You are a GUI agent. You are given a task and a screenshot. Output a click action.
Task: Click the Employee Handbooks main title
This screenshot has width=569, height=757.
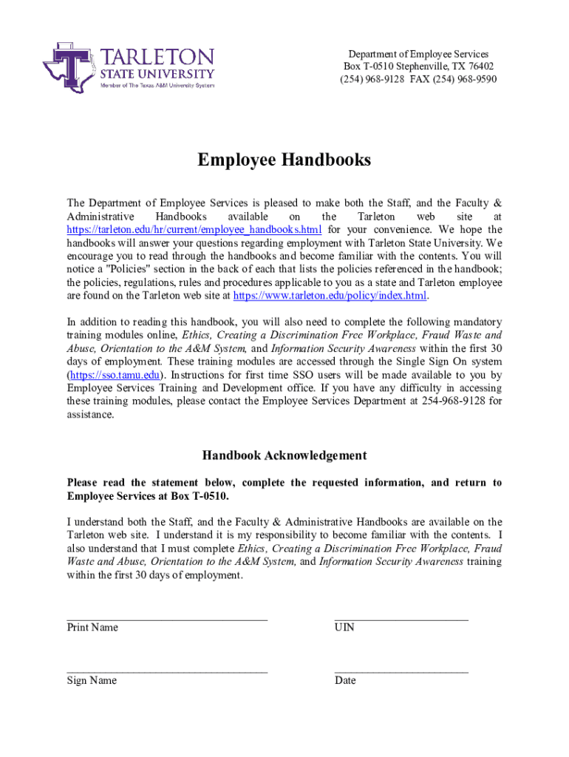284,160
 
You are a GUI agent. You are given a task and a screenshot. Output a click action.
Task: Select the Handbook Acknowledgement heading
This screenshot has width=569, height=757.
284,455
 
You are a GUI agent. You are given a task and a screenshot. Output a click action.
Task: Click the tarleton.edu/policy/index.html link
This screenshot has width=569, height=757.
330,296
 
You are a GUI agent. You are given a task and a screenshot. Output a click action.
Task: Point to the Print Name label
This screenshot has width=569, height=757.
92,628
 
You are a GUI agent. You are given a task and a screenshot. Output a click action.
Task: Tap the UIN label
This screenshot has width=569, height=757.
344,628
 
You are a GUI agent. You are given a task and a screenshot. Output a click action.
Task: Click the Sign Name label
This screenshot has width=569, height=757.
92,681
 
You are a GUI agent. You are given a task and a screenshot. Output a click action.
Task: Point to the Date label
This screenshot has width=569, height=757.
345,681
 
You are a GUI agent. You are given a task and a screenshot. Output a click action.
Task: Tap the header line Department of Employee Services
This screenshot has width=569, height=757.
418,54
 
